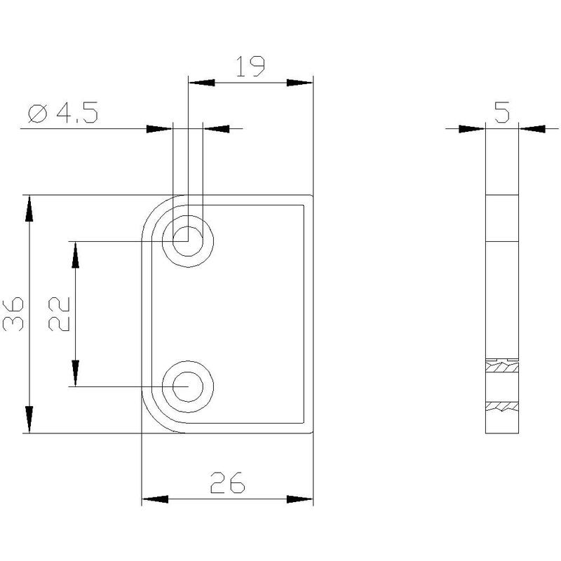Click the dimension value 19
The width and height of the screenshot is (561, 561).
(x=250, y=67)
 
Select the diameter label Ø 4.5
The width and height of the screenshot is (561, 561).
(x=63, y=113)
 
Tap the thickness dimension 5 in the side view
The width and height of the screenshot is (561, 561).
(x=502, y=112)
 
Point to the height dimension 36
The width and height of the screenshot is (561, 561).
(x=13, y=313)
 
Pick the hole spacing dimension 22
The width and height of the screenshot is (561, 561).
(x=59, y=313)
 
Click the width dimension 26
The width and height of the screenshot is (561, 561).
(x=227, y=482)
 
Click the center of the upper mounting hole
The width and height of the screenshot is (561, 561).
(x=188, y=241)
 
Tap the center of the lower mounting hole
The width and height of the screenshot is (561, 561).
(x=188, y=386)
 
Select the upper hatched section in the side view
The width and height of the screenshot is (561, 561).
(x=502, y=367)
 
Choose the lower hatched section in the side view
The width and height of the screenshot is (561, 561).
(x=502, y=407)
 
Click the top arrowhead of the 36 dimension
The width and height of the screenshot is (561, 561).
(x=29, y=208)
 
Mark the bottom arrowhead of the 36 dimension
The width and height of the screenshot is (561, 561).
(x=29, y=419)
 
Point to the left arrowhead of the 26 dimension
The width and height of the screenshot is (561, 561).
(x=155, y=499)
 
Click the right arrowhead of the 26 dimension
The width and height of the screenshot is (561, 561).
(x=300, y=499)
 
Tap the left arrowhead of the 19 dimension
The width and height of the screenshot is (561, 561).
(x=202, y=83)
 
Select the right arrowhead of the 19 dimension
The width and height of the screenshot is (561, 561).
(x=300, y=83)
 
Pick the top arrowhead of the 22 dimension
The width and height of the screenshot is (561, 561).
(x=75, y=255)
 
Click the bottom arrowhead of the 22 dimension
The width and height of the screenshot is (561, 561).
(x=75, y=373)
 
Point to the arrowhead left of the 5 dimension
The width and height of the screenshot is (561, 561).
(x=472, y=129)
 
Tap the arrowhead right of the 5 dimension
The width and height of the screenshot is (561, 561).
(x=532, y=129)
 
